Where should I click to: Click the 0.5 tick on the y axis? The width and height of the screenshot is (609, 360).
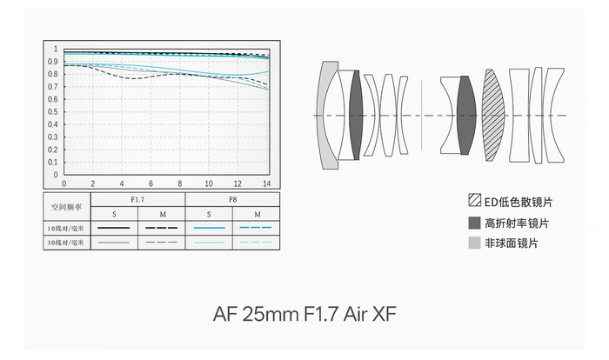(x=53, y=112)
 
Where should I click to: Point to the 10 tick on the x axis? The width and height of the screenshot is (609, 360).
(x=209, y=183)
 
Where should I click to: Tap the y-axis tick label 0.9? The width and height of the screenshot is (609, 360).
(x=53, y=62)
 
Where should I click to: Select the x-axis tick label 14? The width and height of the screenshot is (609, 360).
(x=266, y=183)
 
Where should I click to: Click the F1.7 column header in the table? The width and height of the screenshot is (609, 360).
(x=137, y=200)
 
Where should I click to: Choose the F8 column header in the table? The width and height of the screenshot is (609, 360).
(x=232, y=200)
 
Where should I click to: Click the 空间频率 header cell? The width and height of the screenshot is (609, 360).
(x=66, y=207)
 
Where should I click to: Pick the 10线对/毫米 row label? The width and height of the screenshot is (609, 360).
(x=65, y=229)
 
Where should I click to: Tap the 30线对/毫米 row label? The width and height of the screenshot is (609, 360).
(x=65, y=243)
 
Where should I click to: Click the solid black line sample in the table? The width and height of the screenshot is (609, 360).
(x=114, y=228)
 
